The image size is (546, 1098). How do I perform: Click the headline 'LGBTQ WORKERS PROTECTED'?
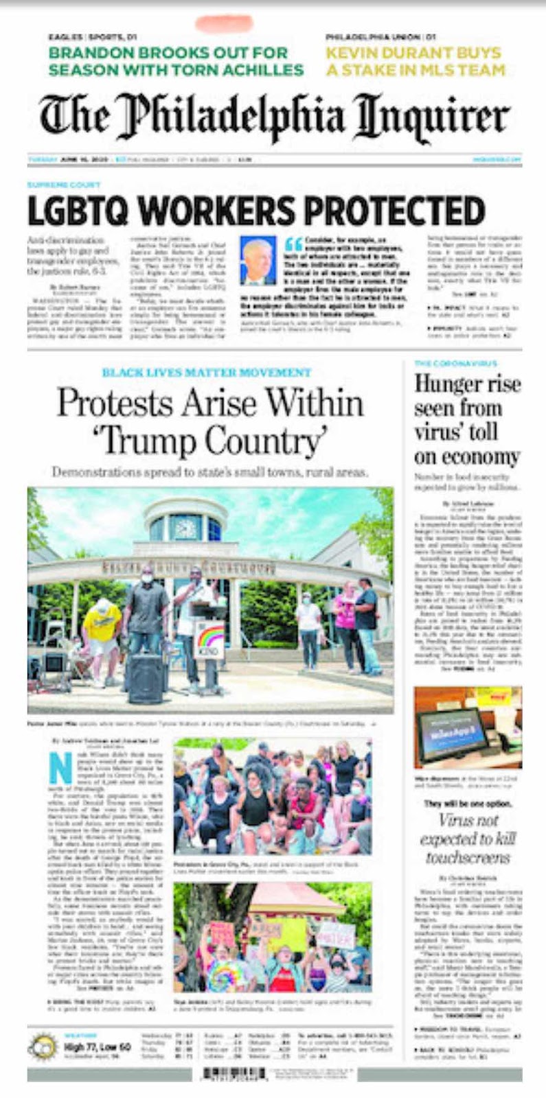[256, 211]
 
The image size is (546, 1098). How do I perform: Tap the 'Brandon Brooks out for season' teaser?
[176, 61]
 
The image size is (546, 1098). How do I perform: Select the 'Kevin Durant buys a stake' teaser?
[416, 61]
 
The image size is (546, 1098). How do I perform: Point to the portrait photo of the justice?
[258, 260]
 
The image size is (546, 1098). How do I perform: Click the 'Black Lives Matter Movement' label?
[206, 373]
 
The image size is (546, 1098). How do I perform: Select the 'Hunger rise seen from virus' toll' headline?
[467, 419]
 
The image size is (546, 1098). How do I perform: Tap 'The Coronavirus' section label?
[455, 363]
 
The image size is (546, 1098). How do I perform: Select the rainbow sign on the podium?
[209, 640]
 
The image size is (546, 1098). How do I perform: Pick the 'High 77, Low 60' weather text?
[97, 1047]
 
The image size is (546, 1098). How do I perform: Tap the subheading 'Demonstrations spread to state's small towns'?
[210, 472]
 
